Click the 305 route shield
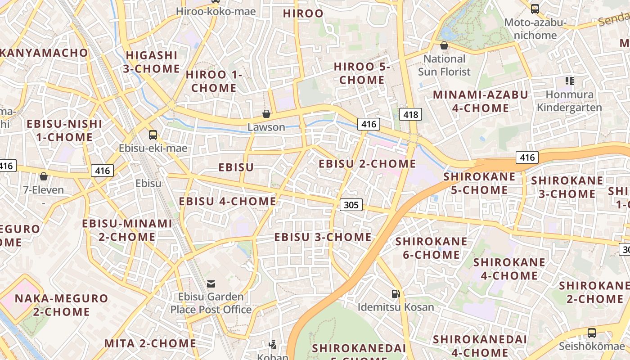351,205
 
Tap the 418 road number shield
410,115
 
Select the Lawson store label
266,127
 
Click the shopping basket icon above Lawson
266,113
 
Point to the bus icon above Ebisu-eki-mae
153,135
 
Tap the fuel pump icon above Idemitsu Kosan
396,294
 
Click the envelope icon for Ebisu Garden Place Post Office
211,283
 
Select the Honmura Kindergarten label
569,101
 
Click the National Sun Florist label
444,65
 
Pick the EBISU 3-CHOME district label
323,237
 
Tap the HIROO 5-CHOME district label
362,73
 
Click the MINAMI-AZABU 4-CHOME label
480,101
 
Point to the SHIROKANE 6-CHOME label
431,248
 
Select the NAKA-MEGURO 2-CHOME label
62,305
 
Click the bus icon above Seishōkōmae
591,333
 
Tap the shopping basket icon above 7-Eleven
44,176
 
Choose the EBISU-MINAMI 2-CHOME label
127,230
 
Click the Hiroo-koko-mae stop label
216,12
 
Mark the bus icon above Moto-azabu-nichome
535,9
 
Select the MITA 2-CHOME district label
150,343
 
